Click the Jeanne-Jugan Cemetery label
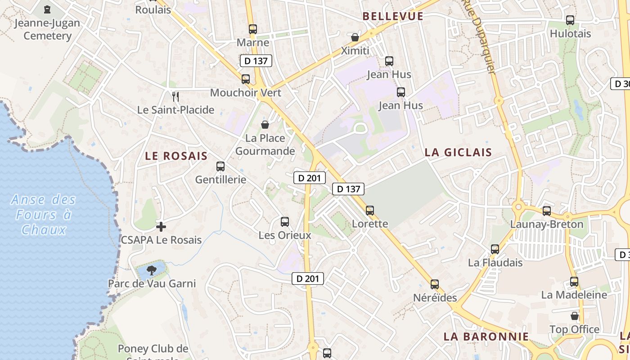(47, 29)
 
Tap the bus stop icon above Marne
(253, 29)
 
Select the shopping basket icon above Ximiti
(355, 37)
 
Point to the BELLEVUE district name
(393, 16)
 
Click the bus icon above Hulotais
(570, 20)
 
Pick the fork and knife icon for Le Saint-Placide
(175, 96)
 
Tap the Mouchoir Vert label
(246, 93)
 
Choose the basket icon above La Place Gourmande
(265, 124)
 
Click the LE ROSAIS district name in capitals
(176, 156)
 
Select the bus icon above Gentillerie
(220, 166)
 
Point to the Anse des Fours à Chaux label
(44, 215)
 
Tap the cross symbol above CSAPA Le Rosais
(161, 226)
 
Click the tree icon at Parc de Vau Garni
(152, 270)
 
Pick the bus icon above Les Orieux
(285, 221)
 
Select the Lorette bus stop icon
(370, 210)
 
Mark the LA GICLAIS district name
(459, 152)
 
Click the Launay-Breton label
(546, 224)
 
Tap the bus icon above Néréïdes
(435, 284)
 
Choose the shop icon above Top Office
(574, 316)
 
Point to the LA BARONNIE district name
(486, 337)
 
